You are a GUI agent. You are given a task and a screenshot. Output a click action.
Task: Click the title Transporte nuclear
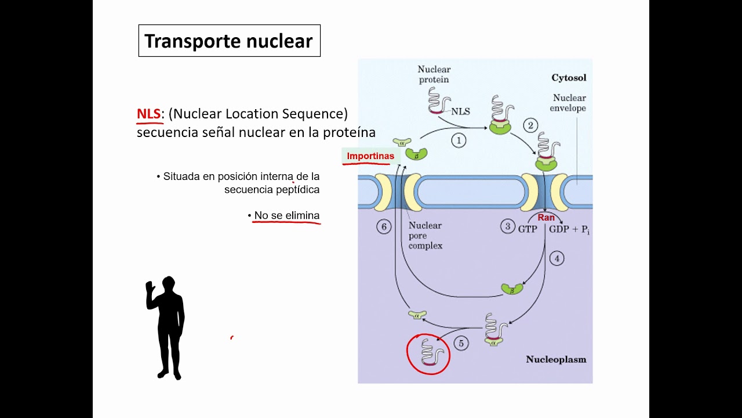click(x=229, y=41)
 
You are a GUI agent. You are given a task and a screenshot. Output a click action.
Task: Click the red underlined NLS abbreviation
click(x=148, y=114)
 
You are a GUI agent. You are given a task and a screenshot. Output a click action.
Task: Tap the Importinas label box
click(x=370, y=156)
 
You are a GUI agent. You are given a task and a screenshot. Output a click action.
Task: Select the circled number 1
click(x=459, y=140)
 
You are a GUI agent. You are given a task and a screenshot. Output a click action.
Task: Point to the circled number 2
click(x=530, y=125)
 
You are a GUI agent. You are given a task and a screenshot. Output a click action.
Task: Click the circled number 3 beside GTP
click(x=508, y=227)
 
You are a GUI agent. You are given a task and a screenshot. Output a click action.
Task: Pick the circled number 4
click(x=556, y=258)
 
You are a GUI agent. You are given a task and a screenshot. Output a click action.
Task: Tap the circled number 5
click(x=461, y=343)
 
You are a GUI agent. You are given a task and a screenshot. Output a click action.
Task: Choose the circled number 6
click(x=384, y=227)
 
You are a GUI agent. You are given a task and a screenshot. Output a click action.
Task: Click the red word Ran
click(x=546, y=218)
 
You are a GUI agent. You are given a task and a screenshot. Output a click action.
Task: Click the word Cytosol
click(x=569, y=78)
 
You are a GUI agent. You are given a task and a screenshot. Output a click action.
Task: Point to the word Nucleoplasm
click(x=556, y=359)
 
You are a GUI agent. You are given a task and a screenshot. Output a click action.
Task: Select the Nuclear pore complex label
click(x=425, y=235)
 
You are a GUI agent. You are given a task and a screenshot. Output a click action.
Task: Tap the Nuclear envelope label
click(x=569, y=103)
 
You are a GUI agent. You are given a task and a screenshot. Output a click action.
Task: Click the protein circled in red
click(x=428, y=354)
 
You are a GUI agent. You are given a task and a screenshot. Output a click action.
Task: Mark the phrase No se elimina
click(x=287, y=216)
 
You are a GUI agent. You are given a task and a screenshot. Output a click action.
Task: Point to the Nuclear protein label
click(x=434, y=74)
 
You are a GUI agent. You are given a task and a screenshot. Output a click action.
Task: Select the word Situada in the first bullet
click(x=181, y=176)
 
